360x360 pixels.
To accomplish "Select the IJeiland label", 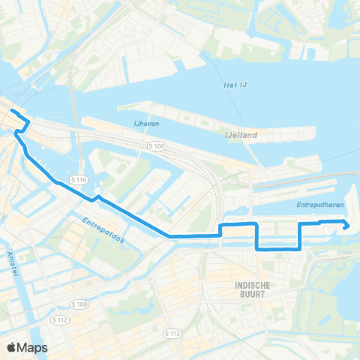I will click(241, 136).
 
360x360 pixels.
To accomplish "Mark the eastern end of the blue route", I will click(347, 225).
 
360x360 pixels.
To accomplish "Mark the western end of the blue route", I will click(12, 111).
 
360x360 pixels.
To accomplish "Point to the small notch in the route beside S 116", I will click(94, 199).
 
